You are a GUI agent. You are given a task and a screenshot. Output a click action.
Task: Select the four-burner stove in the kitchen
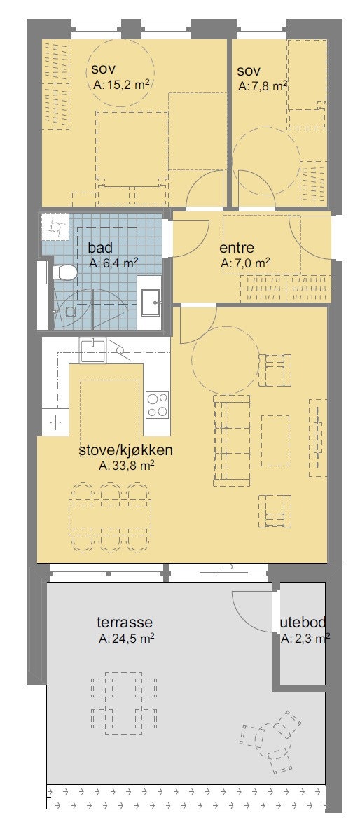pos(157,405)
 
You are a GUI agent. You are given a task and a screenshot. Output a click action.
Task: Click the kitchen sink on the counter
pos(92,349)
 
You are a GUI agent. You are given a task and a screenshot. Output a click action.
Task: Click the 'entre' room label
pos(236,249)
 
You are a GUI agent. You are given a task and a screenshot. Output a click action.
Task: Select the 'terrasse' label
pos(125,623)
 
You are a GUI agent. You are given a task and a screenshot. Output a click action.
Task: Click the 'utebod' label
pos(303,623)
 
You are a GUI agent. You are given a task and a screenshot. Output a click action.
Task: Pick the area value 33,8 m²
pos(127,465)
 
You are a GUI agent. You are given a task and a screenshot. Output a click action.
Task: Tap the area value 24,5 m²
pos(127,638)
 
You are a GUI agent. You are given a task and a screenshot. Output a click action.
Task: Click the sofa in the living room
pos(231,440)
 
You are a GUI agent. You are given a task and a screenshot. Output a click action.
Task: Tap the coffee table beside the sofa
pos(275,440)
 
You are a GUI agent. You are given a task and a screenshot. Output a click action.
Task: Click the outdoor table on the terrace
pos(124,702)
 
